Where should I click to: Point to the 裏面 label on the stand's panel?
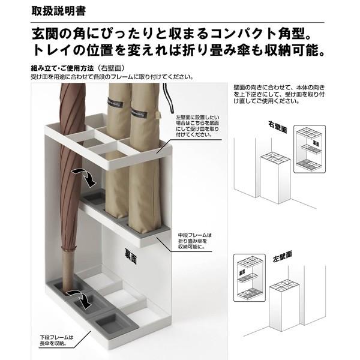pyautogui.click(x=131, y=260)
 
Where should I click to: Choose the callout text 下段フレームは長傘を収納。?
pyautogui.click(x=53, y=340)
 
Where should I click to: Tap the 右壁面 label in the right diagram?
pyautogui.click(x=279, y=126)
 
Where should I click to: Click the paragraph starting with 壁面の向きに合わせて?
pyautogui.click(x=279, y=94)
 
